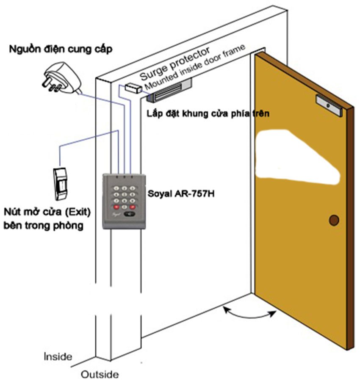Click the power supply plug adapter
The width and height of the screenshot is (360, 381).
point(62,78)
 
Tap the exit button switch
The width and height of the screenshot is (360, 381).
point(60,184)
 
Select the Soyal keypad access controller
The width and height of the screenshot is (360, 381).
point(124,201)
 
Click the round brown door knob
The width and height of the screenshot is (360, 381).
point(334,220)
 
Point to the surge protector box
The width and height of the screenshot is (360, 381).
point(133,88)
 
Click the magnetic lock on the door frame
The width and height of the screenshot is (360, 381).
point(169,90)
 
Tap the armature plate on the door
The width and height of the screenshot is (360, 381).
point(330,105)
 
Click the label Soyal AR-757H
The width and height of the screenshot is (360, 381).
point(181,193)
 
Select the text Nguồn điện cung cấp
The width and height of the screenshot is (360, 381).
point(61,49)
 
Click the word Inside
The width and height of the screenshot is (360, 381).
point(58,356)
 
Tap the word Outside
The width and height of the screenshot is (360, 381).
point(100,374)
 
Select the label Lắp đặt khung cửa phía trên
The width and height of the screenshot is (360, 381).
point(208,113)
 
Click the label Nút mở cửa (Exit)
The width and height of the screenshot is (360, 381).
point(47,212)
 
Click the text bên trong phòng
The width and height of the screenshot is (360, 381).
point(44,226)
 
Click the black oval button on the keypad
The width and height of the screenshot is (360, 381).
point(130,214)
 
